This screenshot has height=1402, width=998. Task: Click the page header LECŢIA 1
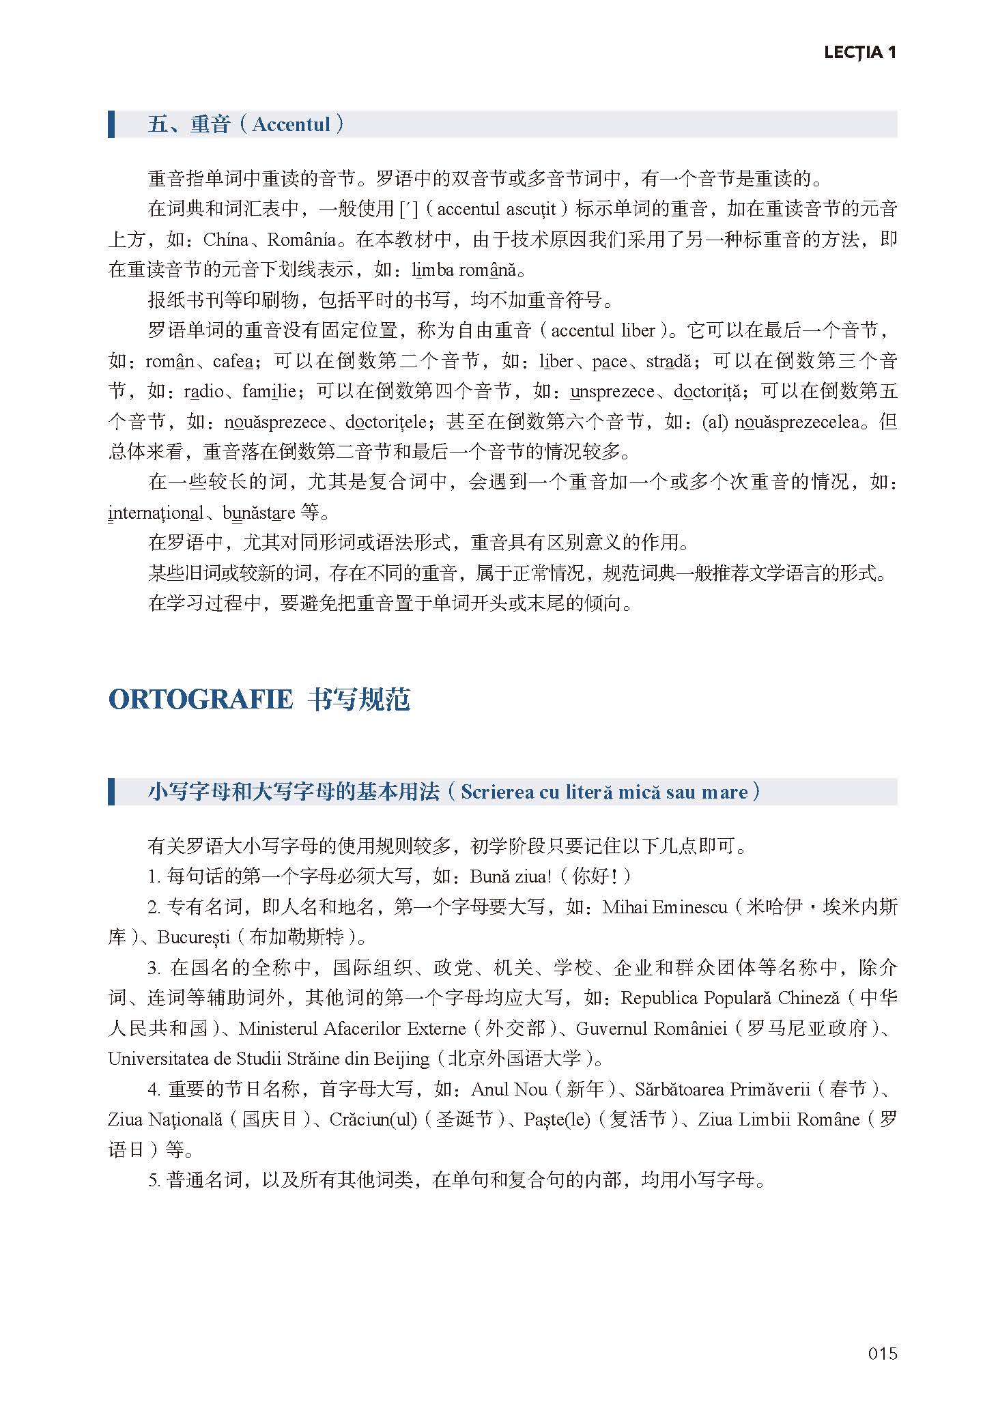[859, 53]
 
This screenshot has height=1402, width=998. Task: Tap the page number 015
[882, 1353]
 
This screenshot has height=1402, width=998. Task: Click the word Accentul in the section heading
[291, 124]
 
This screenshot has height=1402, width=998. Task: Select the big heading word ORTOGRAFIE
[201, 700]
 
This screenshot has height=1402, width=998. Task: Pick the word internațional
[156, 513]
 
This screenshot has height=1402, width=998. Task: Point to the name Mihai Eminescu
[665, 907]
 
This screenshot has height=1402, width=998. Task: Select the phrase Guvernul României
[651, 1028]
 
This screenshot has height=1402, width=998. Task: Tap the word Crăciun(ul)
[373, 1119]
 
